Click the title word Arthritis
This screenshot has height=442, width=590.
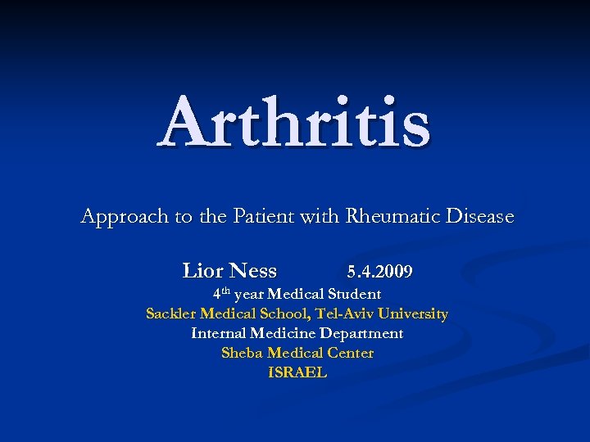[294, 123]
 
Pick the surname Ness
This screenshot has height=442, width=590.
[253, 270]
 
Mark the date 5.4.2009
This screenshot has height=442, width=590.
[379, 271]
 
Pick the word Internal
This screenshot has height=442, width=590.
[218, 333]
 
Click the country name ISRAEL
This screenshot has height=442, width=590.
[297, 372]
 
